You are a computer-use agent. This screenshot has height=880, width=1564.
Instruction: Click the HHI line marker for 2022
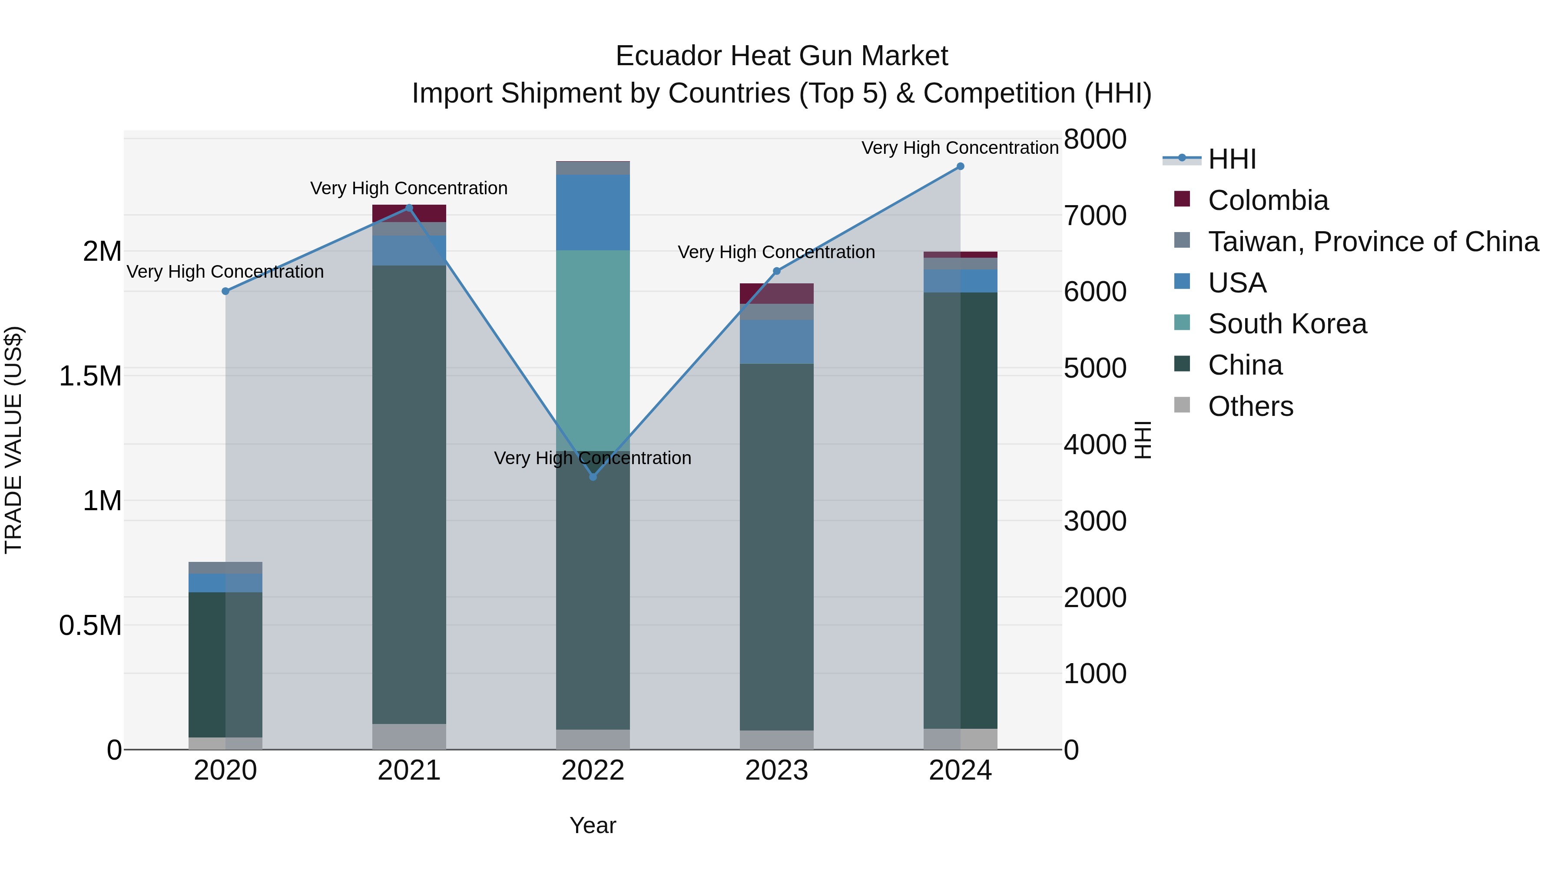(593, 477)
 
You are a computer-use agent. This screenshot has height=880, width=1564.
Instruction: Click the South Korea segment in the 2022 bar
(593, 350)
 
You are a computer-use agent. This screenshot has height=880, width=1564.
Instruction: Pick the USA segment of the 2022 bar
(593, 213)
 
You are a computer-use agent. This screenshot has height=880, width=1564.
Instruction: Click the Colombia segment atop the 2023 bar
(776, 293)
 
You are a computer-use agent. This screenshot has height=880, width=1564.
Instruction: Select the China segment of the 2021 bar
(409, 495)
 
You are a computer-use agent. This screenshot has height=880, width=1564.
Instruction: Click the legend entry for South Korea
(1287, 324)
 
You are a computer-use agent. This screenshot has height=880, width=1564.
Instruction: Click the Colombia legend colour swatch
(1182, 199)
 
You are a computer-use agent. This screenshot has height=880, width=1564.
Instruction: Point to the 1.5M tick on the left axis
(90, 376)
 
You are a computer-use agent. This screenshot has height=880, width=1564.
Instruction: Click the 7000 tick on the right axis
(1095, 216)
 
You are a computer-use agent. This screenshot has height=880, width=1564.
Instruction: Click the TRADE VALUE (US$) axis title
(13, 440)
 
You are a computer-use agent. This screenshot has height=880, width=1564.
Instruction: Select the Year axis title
(593, 825)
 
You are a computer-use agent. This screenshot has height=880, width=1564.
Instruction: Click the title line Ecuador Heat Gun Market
(782, 56)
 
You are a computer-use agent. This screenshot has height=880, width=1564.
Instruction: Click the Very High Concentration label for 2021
(409, 188)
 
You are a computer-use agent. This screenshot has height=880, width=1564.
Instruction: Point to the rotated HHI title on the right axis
(1143, 440)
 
